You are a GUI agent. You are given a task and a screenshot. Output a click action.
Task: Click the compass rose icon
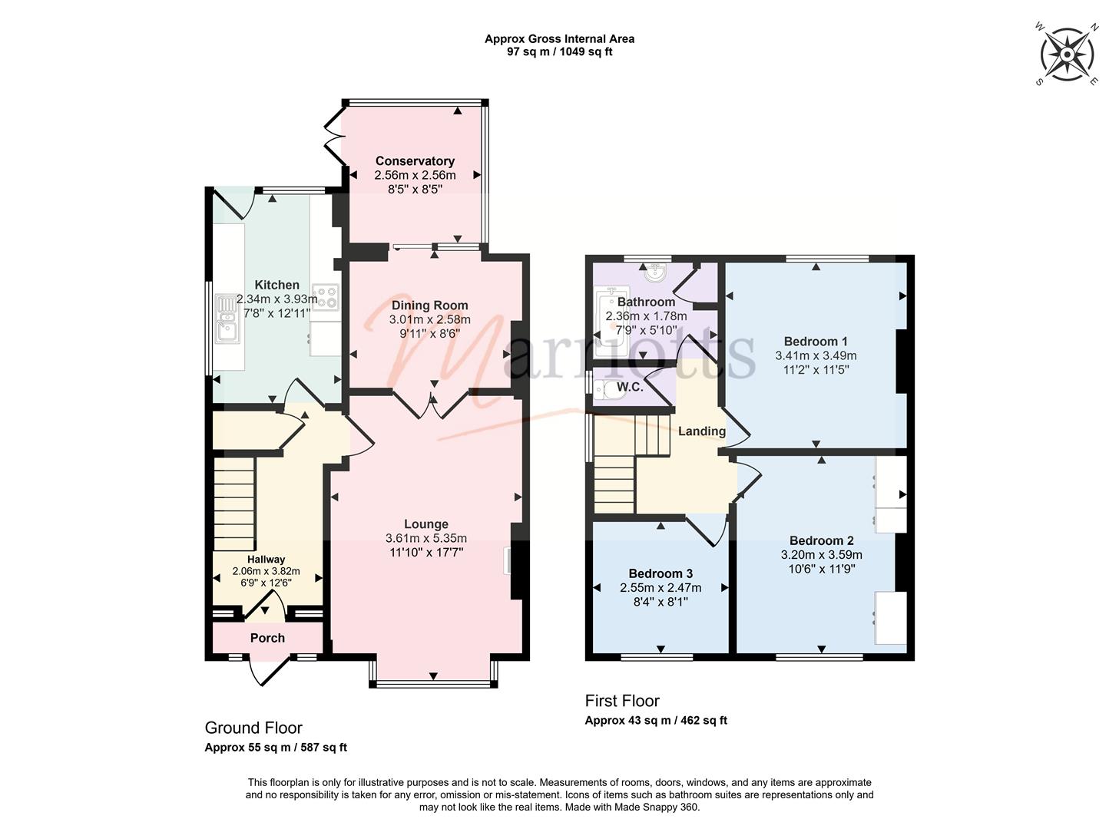[1068, 54]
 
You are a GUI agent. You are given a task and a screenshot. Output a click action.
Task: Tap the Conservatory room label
[415, 161]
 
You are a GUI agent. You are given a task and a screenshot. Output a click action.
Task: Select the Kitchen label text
[276, 285]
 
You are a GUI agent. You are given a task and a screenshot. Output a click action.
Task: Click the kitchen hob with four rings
[326, 297]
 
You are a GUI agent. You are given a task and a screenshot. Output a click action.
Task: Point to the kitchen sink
[227, 319]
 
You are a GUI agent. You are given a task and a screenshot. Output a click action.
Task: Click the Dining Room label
[430, 305]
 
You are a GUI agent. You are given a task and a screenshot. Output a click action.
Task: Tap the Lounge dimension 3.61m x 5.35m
[425, 538]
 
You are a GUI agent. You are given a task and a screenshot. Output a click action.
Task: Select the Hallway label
[266, 560]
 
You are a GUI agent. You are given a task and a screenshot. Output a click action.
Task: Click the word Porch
[267, 638]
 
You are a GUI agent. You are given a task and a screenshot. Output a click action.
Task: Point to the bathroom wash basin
[657, 272]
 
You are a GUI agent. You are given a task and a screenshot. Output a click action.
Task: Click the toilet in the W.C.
[605, 388]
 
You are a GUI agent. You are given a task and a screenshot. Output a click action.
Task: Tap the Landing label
[702, 431]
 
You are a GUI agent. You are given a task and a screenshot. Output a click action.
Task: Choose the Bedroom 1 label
[816, 342]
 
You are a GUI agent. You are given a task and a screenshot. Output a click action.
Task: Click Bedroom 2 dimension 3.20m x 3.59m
[821, 555]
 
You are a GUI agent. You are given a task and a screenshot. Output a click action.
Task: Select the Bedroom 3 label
[660, 573]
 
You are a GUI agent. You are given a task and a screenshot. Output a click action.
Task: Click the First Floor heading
[622, 700]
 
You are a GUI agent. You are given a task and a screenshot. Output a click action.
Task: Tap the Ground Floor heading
[253, 728]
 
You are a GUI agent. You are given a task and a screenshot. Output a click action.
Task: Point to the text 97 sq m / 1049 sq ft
[559, 51]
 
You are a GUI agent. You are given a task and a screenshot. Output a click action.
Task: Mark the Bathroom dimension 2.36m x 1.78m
[646, 316]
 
